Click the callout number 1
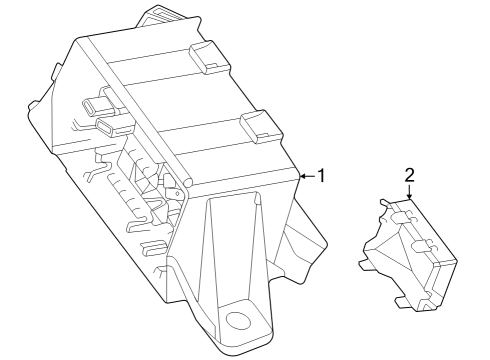point(322,176)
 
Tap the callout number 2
point(409,175)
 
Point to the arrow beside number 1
point(306,176)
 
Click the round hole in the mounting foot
point(237,320)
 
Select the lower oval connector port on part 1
point(108,127)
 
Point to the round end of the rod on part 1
point(186,183)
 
